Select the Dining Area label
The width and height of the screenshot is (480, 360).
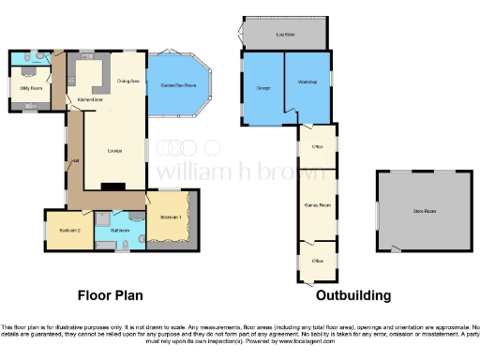point(128,82)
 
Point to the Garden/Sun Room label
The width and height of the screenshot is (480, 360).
point(178,85)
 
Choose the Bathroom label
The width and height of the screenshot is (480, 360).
point(119,229)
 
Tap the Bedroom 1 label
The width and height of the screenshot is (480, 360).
point(170,218)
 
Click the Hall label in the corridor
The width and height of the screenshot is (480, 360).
point(74,161)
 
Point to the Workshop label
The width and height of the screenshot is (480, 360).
point(307,83)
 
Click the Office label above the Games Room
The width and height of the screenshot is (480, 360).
point(318,147)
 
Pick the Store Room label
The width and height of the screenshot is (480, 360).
point(424,211)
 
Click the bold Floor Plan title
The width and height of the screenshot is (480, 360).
point(110,295)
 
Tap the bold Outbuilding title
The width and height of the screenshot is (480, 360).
point(352,295)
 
